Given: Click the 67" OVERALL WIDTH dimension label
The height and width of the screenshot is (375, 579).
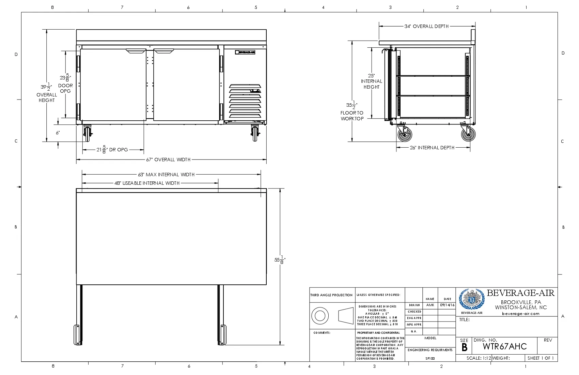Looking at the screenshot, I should tap(168, 160).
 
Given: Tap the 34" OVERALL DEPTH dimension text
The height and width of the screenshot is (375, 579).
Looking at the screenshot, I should tap(426, 26).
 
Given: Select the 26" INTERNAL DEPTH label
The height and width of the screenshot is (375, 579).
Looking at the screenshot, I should tap(432, 148).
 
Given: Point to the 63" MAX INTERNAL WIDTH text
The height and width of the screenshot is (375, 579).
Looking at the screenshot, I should tap(166, 175).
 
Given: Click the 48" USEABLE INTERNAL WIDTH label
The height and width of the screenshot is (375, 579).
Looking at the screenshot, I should tap(147, 183).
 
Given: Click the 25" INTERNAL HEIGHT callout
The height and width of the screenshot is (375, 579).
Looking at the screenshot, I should tap(372, 81).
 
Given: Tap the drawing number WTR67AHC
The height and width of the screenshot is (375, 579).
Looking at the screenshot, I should tap(504, 346).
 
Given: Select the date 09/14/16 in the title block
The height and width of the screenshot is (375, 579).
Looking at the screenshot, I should tap(447, 305).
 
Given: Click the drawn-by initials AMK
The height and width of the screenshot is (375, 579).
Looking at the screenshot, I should tap(430, 305).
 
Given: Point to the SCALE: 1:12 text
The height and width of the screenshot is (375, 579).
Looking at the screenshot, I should tap(479, 358).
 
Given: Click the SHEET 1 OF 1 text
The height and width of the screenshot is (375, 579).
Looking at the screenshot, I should tap(541, 358).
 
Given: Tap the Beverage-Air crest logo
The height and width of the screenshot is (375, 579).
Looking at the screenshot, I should tap(472, 299).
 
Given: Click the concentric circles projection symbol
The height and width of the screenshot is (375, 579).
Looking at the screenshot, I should tap(320, 315).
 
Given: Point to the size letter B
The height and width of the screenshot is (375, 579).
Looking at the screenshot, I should tap(464, 347).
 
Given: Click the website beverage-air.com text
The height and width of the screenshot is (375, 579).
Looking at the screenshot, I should tap(520, 314).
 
